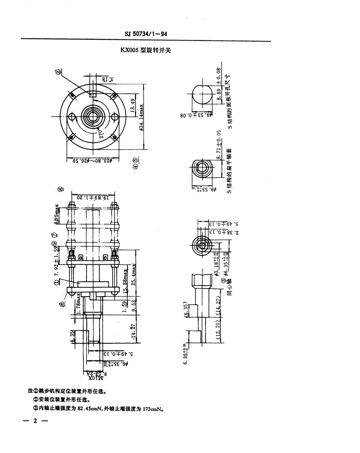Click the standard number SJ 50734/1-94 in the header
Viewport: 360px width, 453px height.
tap(146, 34)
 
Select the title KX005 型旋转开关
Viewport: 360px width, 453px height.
tap(146, 50)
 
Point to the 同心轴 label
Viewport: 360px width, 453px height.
tap(229, 287)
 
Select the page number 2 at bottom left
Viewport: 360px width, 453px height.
tap(34, 421)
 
